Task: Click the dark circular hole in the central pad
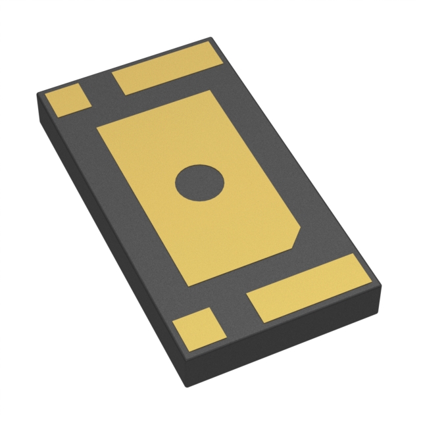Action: pyautogui.click(x=200, y=182)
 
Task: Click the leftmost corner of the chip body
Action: pyautogui.click(x=37, y=96)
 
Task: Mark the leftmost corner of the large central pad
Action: pyautogui.click(x=97, y=129)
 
